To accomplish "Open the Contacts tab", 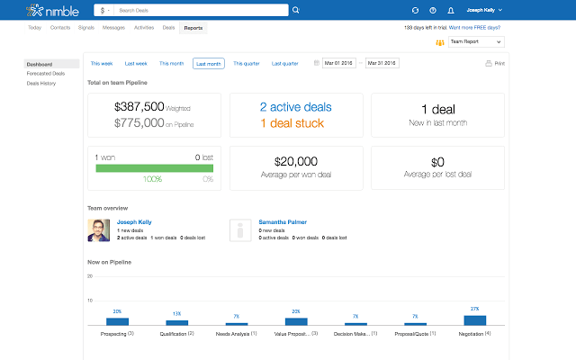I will pos(61,28).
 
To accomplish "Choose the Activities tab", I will pos(143,28).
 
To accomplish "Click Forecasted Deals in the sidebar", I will pos(45,74).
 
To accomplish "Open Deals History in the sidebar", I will pos(41,83).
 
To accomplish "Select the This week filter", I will pos(101,64).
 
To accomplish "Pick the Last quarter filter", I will pos(284,64).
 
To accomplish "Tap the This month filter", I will pos(171,64).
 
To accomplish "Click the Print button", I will pos(495,64).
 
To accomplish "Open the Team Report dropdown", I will pos(474,41).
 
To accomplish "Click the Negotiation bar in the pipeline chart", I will pos(474,319).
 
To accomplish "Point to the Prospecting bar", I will pos(117,321).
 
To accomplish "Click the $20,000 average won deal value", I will pos(296,159).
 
